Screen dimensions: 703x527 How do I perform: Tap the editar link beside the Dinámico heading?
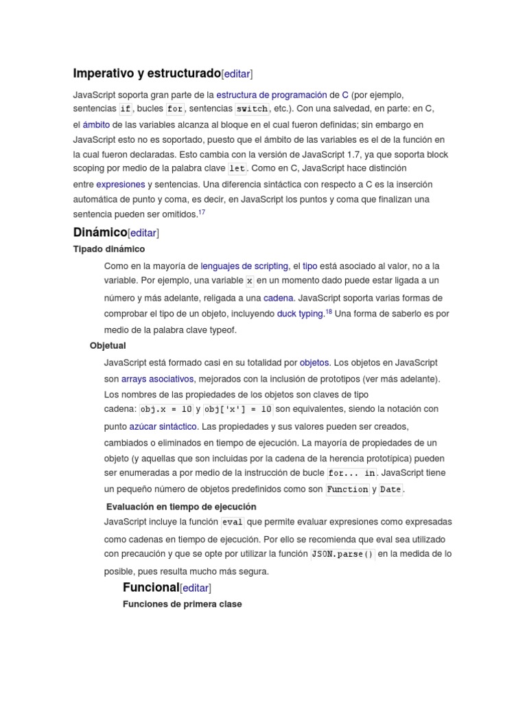pos(143,233)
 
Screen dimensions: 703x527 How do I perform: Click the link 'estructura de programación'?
pos(271,95)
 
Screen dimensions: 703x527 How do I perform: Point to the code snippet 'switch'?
pos(252,109)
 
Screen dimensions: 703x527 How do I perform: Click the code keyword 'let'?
pos(237,169)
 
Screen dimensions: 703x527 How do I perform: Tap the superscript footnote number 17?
pos(202,213)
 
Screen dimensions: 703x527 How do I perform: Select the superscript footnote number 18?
pos(329,312)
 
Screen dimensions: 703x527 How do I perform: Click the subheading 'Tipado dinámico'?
pos(109,249)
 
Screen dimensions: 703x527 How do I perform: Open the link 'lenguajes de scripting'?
pos(244,266)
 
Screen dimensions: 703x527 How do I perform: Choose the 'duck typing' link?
pos(300,314)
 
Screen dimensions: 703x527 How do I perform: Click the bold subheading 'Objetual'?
pos(108,346)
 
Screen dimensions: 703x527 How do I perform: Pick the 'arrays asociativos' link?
pos(157,379)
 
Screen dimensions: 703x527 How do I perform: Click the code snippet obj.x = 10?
pos(166,410)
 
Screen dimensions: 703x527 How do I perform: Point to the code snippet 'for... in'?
pos(351,474)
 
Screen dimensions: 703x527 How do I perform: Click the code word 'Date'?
pos(390,490)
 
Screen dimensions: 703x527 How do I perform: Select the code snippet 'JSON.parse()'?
pos(342,555)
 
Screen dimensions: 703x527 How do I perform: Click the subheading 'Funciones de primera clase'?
pos(183,604)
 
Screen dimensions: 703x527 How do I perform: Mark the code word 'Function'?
pos(347,490)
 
